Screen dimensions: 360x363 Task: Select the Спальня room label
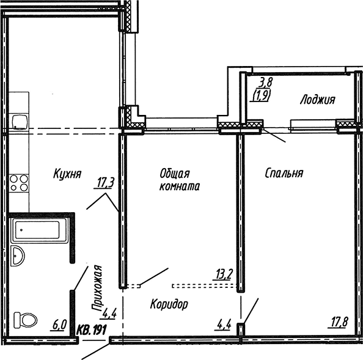[284, 173]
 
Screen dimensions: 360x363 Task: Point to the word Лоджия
[317, 100]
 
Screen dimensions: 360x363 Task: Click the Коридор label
[168, 304]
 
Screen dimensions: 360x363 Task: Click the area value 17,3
[106, 182]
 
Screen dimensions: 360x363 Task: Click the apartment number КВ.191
[89, 330]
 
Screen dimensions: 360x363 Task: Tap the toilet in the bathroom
[26, 319]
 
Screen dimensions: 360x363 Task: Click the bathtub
[37, 232]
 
